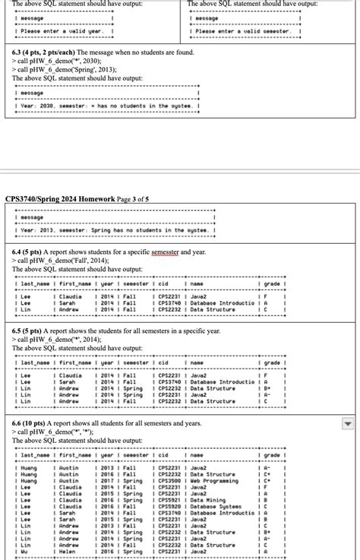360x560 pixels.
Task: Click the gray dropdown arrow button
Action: pos(347,423)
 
